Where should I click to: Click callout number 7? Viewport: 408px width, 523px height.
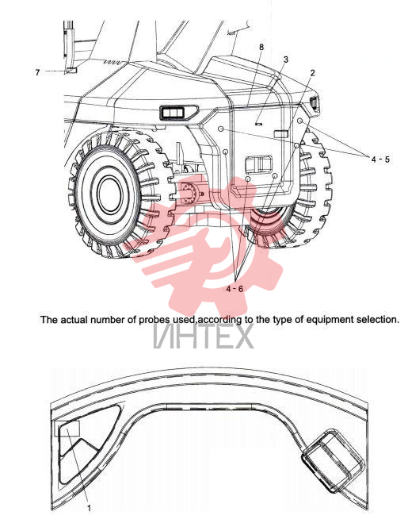click(37, 72)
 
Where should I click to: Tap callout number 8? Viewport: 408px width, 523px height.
click(261, 47)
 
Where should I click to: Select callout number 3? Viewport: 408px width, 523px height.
click(286, 60)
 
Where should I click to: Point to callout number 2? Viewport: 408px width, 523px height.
click(312, 73)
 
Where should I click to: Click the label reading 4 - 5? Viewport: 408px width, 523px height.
click(380, 160)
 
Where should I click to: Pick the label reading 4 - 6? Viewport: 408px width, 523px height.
click(235, 289)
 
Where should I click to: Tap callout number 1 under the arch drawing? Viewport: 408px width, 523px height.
click(89, 509)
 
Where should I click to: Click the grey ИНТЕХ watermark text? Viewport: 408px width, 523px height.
click(204, 337)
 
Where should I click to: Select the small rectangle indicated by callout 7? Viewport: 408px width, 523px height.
click(71, 71)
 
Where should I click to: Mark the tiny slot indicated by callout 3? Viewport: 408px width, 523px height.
click(259, 124)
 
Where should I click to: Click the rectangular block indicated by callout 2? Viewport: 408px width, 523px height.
click(281, 134)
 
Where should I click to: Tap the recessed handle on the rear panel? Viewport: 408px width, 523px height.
click(259, 164)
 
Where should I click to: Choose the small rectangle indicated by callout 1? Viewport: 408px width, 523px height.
click(67, 429)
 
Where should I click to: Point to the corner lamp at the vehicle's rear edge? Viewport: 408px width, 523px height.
click(315, 104)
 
